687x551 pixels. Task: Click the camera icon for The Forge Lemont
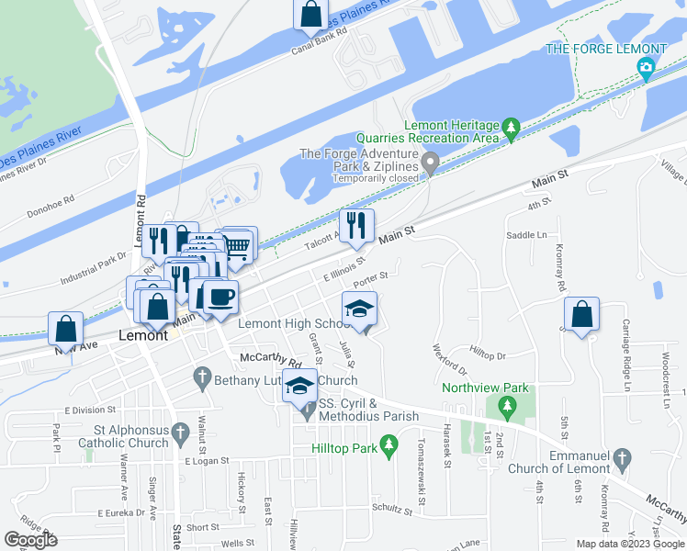pyautogui.click(x=647, y=67)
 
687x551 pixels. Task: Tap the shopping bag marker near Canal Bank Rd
pyautogui.click(x=310, y=14)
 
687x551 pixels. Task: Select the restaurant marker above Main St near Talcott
pyautogui.click(x=355, y=225)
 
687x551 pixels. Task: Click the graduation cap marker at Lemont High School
pyautogui.click(x=359, y=309)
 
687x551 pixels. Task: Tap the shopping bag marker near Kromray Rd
pyautogui.click(x=582, y=314)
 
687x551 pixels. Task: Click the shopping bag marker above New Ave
pyautogui.click(x=66, y=328)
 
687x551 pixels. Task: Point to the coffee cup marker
pyautogui.click(x=220, y=298)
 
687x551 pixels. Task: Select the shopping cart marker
pyautogui.click(x=237, y=244)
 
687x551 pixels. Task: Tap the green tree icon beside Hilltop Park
pyautogui.click(x=389, y=448)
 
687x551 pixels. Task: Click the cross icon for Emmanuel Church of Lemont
pyautogui.click(x=622, y=457)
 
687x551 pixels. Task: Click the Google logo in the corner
pyautogui.click(x=30, y=540)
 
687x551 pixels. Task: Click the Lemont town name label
pyautogui.click(x=144, y=336)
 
